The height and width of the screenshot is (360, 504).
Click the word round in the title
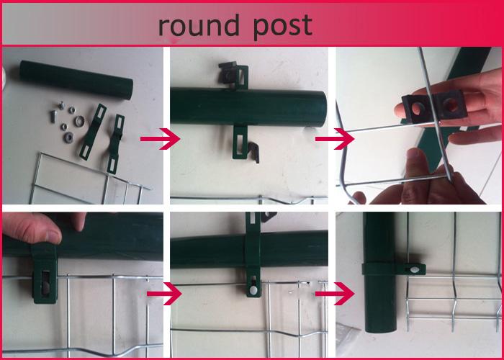pyautogui.click(x=199, y=26)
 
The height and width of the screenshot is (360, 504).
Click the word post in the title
pyautogui.click(x=282, y=27)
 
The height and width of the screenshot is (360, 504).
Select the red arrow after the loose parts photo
pyautogui.click(x=160, y=139)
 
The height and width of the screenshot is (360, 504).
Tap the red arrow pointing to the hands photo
pyautogui.click(x=335, y=139)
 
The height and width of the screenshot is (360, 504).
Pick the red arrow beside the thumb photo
pyautogui.click(x=164, y=294)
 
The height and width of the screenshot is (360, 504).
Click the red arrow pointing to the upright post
pyautogui.click(x=335, y=294)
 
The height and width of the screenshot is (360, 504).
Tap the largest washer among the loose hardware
pyautogui.click(x=78, y=121)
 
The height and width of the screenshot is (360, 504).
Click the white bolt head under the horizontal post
pyautogui.click(x=253, y=291)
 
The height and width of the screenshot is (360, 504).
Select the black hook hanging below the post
pyautogui.click(x=253, y=152)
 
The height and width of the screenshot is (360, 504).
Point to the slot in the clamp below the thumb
pyautogui.click(x=46, y=282)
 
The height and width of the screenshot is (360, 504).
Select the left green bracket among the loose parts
pyautogui.click(x=93, y=132)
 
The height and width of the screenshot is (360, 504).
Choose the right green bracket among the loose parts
pyautogui.click(x=116, y=144)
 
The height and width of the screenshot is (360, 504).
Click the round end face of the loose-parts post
pyautogui.click(x=128, y=89)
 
